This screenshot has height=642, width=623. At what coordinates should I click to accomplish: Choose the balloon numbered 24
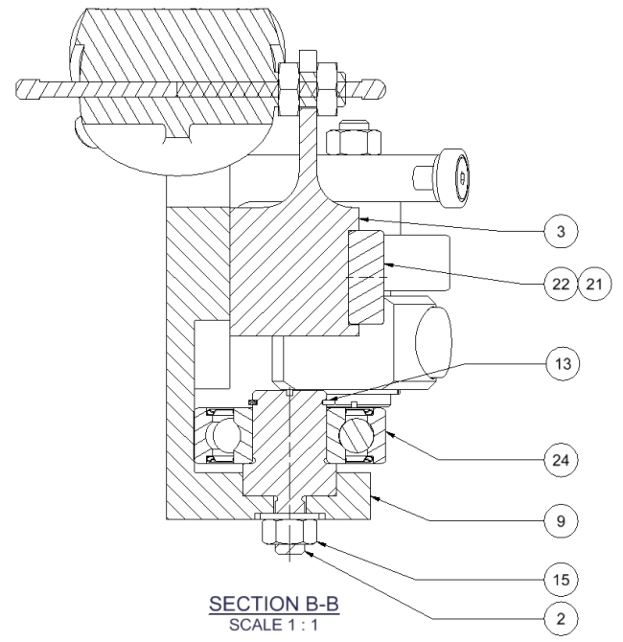click(554, 459)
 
